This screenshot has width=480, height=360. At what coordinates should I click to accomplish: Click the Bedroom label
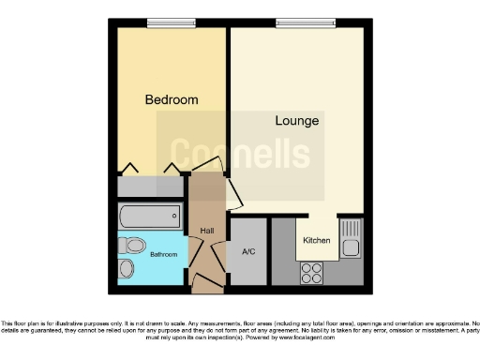pyautogui.click(x=172, y=99)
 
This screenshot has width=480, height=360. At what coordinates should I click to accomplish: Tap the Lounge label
pyautogui.click(x=297, y=121)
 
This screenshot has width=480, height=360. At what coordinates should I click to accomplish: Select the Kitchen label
pyautogui.click(x=316, y=241)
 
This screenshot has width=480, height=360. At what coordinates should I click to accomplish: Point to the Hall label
pyautogui.click(x=207, y=230)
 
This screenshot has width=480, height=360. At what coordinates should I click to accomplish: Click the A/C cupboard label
pyautogui.click(x=249, y=251)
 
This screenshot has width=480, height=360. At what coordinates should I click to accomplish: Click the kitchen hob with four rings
pyautogui.click(x=311, y=273)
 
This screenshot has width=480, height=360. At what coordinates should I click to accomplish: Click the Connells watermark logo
pyautogui.click(x=239, y=153)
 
